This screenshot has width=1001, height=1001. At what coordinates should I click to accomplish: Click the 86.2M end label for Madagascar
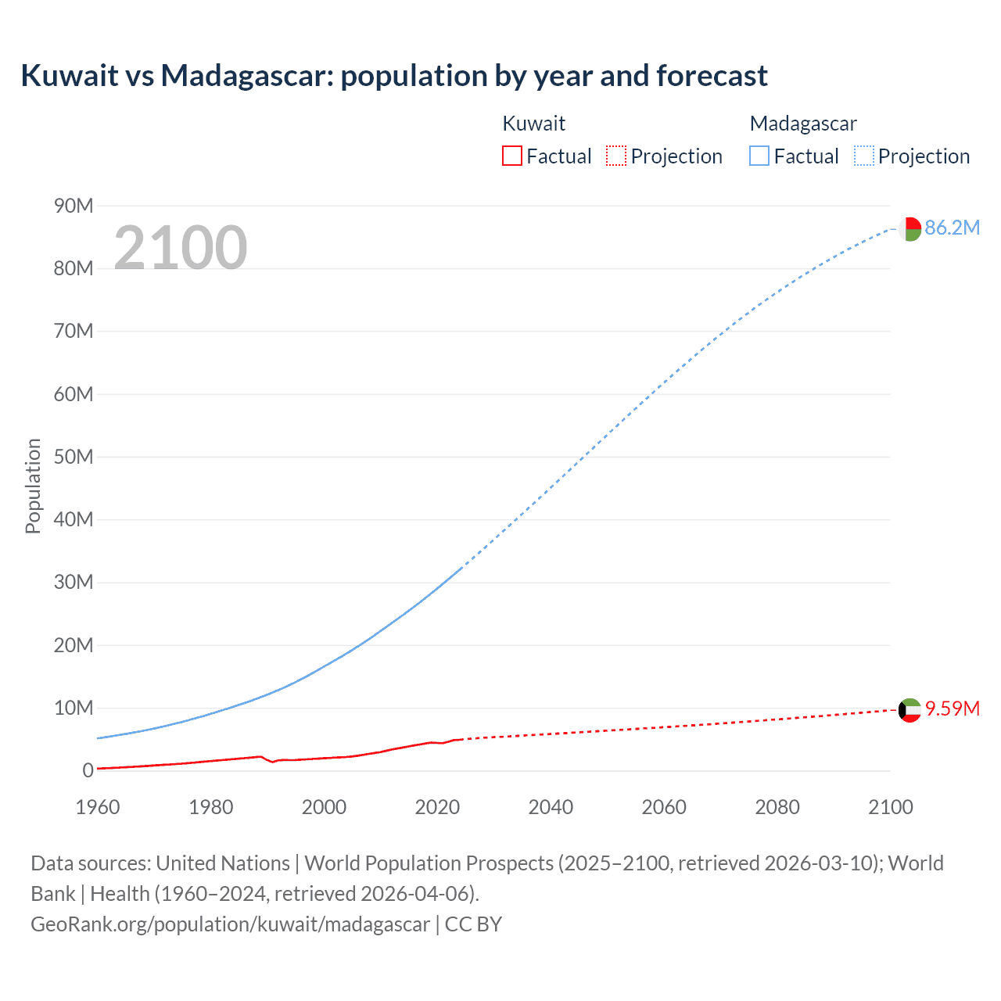[952, 228]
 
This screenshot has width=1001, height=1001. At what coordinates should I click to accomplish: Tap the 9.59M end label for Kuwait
[952, 709]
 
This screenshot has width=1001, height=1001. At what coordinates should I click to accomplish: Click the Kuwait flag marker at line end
[910, 710]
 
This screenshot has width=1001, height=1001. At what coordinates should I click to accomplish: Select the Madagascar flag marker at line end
[910, 229]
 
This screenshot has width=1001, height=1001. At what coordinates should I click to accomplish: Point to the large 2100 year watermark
[181, 248]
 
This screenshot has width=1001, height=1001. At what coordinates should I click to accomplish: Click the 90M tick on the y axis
[74, 206]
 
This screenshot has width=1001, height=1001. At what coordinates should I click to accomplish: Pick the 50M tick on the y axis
[74, 457]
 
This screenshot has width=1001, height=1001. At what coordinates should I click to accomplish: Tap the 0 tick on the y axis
[88, 771]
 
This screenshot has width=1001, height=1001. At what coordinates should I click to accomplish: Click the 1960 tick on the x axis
[98, 807]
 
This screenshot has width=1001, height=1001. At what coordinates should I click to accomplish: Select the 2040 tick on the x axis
[551, 807]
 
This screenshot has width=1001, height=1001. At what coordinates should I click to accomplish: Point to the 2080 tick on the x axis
[777, 807]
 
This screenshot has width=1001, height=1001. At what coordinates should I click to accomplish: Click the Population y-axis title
[33, 486]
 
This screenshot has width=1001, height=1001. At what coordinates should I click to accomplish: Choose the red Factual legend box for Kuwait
[511, 156]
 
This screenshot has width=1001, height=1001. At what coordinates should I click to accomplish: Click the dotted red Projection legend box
[616, 156]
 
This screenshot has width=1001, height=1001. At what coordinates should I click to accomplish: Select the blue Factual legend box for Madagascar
[759, 156]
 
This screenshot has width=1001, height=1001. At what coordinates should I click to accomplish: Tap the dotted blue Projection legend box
[864, 156]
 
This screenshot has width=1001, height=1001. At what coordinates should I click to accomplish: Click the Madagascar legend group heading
[803, 124]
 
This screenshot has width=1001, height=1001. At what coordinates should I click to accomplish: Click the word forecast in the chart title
[712, 76]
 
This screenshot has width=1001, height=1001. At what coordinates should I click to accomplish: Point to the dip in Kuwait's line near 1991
[273, 761]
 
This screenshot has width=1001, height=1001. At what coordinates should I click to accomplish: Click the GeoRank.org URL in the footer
[230, 924]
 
